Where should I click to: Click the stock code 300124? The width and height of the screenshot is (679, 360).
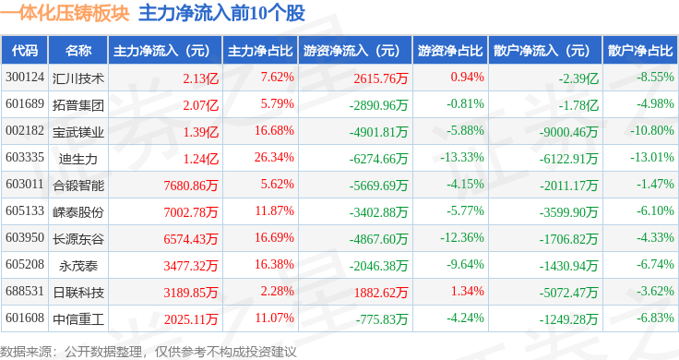(x=25, y=78)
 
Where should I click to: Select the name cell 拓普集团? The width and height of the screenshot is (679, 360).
(x=78, y=105)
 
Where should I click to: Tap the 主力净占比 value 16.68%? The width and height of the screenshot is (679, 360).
(x=274, y=130)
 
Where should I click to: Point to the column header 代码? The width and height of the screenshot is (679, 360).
(x=25, y=51)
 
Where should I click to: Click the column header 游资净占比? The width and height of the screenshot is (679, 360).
(x=450, y=51)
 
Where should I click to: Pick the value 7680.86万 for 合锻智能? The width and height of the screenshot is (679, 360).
(x=191, y=185)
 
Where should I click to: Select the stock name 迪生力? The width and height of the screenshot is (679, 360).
(x=78, y=159)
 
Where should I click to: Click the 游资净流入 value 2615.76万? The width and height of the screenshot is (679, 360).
(x=381, y=78)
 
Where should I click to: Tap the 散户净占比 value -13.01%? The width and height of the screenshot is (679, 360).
(x=652, y=157)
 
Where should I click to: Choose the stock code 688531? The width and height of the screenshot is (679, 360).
(x=25, y=291)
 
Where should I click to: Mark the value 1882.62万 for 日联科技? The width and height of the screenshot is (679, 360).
(x=381, y=293)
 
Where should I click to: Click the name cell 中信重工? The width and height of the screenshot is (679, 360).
(x=78, y=319)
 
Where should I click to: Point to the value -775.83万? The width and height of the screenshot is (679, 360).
(x=382, y=319)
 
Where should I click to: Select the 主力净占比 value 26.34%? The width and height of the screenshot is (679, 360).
(x=274, y=157)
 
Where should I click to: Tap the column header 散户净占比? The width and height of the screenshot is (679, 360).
(x=640, y=51)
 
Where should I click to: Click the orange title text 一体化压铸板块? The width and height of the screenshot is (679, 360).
(x=65, y=13)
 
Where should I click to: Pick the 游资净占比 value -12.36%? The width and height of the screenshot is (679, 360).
(x=462, y=237)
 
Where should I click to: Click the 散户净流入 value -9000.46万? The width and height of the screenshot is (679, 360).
(x=568, y=132)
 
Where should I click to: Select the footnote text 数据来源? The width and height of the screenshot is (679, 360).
(x=26, y=352)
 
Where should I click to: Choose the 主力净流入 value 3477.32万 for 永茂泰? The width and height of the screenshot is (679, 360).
(x=191, y=266)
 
